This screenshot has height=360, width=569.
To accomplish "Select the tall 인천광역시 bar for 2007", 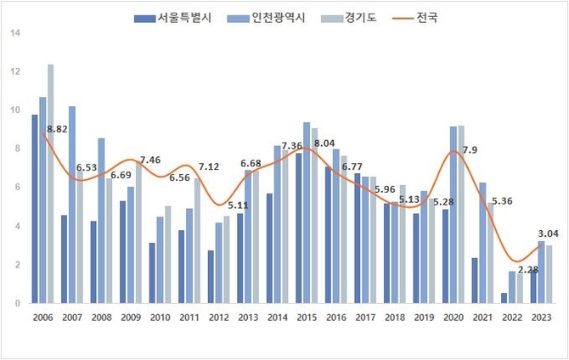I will click(x=73, y=205).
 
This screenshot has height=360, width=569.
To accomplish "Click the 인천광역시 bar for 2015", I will click(x=306, y=213).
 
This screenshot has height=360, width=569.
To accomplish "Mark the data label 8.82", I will click(x=57, y=129).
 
